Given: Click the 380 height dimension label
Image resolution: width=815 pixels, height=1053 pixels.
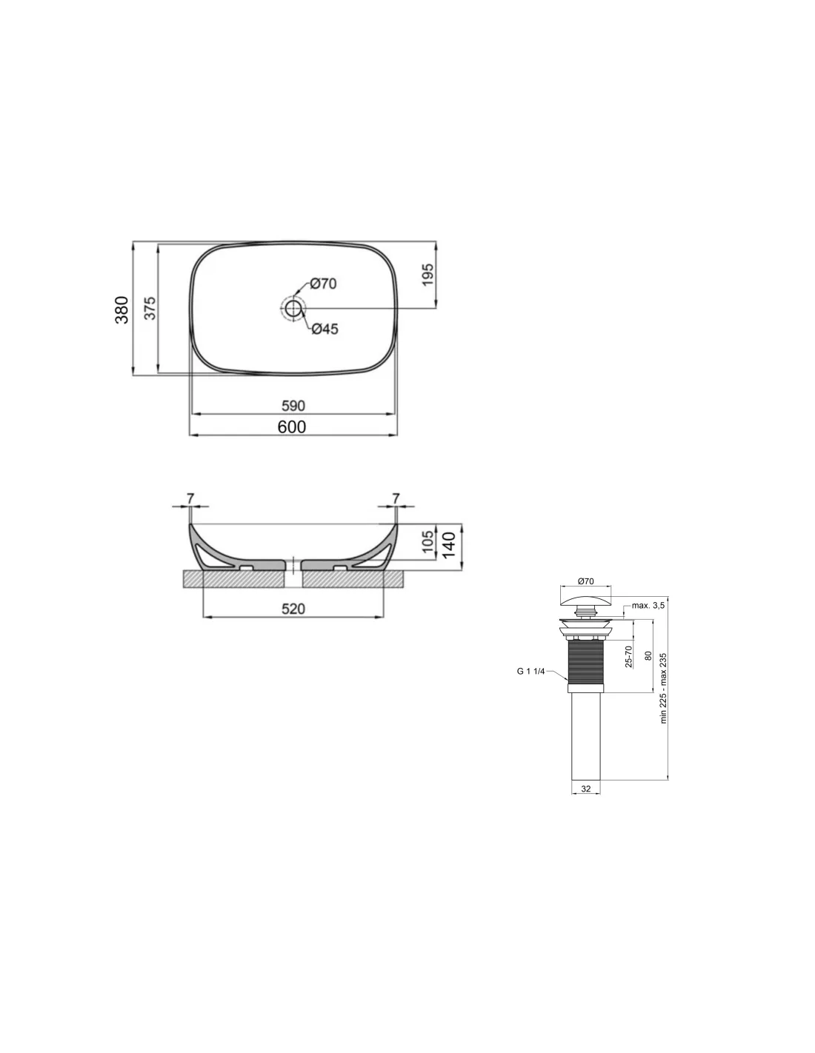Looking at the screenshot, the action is pyautogui.click(x=122, y=310).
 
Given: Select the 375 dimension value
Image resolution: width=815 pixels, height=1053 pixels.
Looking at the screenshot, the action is pyautogui.click(x=151, y=308).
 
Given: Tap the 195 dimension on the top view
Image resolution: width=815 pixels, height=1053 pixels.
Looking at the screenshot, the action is pyautogui.click(x=428, y=274).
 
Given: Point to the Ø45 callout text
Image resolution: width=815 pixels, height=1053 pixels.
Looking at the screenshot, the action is pyautogui.click(x=325, y=329).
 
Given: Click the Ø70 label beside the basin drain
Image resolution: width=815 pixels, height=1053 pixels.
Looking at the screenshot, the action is pyautogui.click(x=323, y=284).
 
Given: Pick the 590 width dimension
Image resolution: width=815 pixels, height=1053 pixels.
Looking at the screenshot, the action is pyautogui.click(x=293, y=405).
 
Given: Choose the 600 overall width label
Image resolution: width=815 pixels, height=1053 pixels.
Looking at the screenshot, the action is pyautogui.click(x=292, y=427).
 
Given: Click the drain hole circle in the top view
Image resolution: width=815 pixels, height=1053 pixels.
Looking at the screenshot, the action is pyautogui.click(x=293, y=308).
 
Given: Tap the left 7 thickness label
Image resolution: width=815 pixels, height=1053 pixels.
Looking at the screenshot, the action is pyautogui.click(x=190, y=498).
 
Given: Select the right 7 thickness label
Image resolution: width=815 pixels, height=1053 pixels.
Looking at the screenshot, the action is pyautogui.click(x=396, y=498).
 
